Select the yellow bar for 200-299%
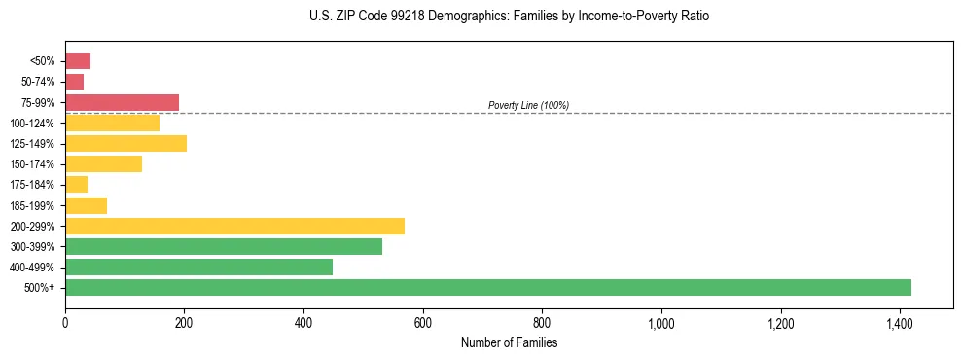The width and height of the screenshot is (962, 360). click(234, 226)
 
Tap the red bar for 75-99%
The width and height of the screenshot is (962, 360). click(122, 102)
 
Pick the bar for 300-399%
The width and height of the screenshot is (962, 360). click(224, 246)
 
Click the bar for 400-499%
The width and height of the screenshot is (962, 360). click(198, 267)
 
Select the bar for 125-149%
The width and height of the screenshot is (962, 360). click(125, 143)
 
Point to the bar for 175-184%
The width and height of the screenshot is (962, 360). click(77, 184)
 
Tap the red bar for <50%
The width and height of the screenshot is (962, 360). click(78, 60)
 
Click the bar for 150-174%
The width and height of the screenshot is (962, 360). click(103, 163)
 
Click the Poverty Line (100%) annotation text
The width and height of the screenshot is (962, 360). click(528, 105)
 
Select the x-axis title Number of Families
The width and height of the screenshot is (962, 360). click(510, 342)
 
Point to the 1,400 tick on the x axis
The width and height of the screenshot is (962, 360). click(900, 322)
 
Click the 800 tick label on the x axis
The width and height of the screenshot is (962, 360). click(542, 322)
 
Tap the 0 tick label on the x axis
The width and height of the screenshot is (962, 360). click(65, 322)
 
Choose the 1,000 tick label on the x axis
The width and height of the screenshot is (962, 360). click(661, 322)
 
